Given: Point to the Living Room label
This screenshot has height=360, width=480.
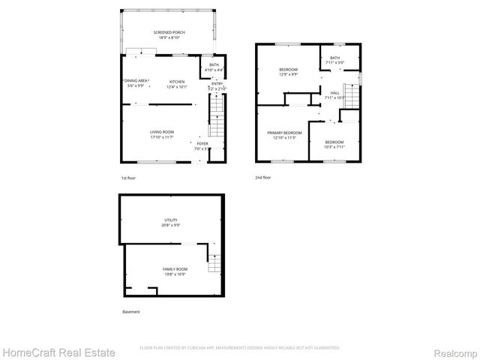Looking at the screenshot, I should tap(162, 133).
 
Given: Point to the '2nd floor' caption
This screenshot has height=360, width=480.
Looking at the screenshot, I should tap(263, 178).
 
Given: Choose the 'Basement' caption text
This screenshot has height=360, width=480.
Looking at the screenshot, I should tap(130, 311).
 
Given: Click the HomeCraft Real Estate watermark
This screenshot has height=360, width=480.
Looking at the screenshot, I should tap(58, 352).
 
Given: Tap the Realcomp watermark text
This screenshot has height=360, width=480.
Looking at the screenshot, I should tap(452, 352).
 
